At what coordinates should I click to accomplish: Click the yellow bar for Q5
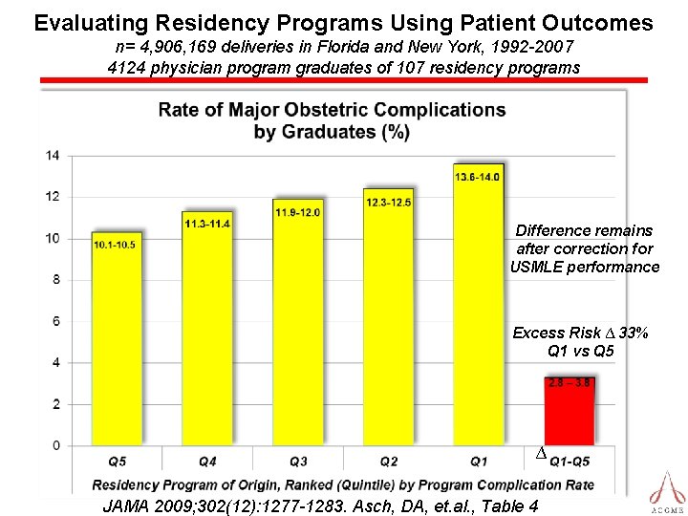tap(116, 339)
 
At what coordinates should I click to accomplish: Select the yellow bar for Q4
tap(206, 330)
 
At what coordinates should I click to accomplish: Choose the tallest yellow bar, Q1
tap(478, 306)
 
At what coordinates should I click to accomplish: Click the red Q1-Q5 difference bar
tap(570, 412)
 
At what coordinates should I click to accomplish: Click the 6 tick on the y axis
tap(55, 321)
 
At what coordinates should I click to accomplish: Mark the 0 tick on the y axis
tap(55, 445)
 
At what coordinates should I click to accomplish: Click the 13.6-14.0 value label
tap(478, 177)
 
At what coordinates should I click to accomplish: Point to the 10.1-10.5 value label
tap(115, 245)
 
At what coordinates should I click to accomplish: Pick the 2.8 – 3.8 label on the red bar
tap(570, 383)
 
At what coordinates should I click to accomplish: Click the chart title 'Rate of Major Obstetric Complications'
tap(332, 110)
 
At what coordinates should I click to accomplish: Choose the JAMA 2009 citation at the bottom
tap(319, 505)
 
